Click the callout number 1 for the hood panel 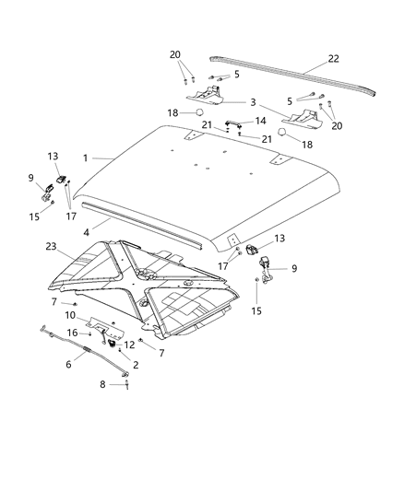85,158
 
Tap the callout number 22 332,59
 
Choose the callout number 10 70,316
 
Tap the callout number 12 128,345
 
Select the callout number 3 251,103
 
